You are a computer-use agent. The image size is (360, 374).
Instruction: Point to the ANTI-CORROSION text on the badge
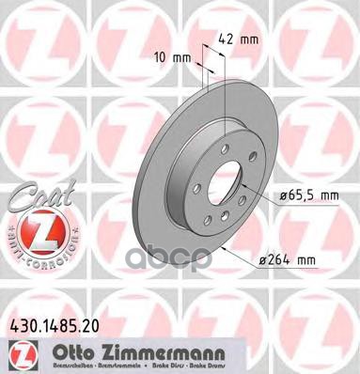(x=42, y=254)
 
